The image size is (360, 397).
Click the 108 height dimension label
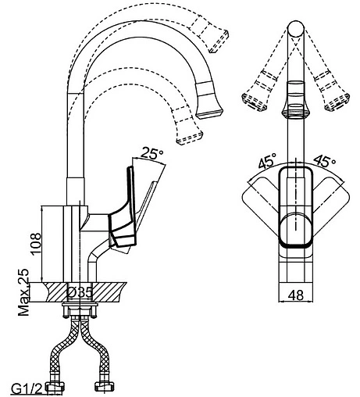35,243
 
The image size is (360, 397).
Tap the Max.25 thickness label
23,292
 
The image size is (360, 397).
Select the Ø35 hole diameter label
80,292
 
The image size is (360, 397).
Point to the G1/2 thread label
27,389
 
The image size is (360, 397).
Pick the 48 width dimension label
296,295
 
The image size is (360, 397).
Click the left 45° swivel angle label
267,160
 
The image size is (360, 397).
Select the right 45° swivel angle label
324,162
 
